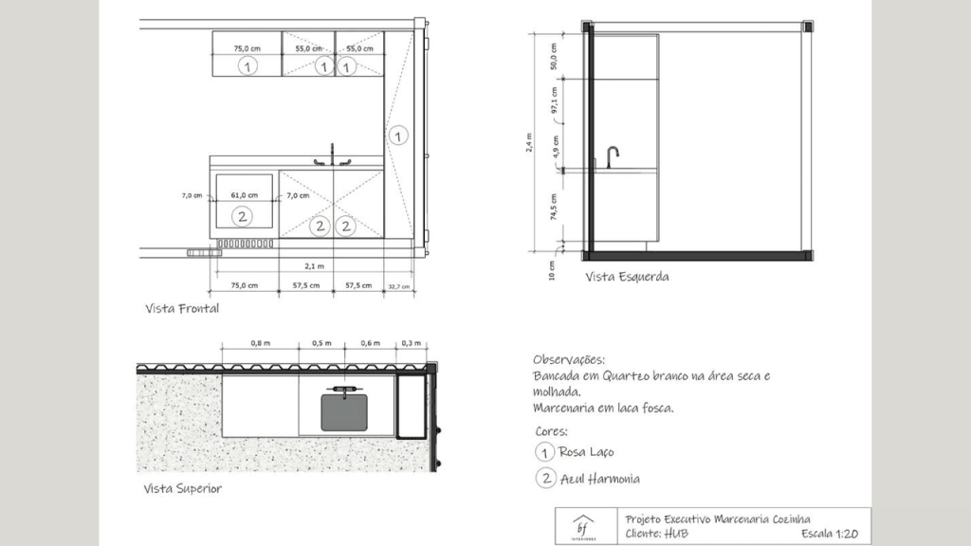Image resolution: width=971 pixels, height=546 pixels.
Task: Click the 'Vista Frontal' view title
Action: pos(182,308)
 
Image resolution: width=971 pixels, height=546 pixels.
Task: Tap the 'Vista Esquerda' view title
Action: pos(628,277)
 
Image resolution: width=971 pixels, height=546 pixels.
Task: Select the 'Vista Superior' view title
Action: pos(183,488)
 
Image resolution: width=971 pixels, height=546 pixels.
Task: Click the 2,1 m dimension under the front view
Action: pos(314,266)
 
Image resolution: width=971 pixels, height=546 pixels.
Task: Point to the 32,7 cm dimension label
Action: pos(399,286)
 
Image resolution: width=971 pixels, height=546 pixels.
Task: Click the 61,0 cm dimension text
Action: pos(244,195)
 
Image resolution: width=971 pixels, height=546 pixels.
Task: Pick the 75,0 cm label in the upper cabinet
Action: pos(247,48)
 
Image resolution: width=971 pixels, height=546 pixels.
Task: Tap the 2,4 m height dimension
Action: pos(529,142)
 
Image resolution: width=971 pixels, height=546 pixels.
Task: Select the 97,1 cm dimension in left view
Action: pos(554,100)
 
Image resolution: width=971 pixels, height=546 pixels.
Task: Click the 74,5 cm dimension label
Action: pos(554,207)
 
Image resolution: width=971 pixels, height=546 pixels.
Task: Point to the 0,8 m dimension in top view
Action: pos(260,343)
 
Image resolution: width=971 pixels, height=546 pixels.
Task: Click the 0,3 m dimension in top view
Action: pos(411,343)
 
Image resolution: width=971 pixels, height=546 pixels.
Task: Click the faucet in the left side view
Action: pos(612,156)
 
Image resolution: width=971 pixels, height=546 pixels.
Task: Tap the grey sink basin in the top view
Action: pos(344,412)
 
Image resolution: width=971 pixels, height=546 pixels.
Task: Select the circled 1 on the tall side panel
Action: pos(398,136)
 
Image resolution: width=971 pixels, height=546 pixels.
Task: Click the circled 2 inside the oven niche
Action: pos(242,217)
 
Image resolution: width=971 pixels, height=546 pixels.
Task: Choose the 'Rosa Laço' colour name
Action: pos(586,452)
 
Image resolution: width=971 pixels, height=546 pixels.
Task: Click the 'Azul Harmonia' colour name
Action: pos(600,479)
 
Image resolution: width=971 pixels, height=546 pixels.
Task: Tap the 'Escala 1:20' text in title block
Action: pos(830,534)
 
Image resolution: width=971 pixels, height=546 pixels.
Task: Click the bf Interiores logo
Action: pos(583,527)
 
